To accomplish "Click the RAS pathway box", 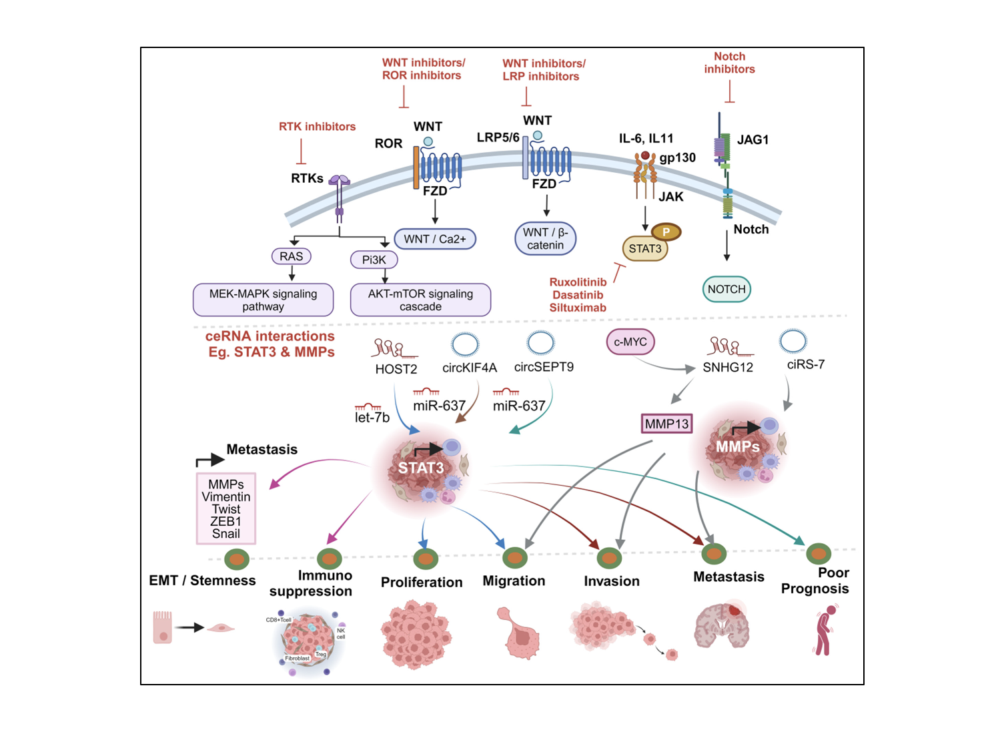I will [x=291, y=256].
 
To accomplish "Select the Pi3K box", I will [x=374, y=260].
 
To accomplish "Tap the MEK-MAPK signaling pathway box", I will [x=263, y=300].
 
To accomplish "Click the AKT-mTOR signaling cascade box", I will [x=420, y=300].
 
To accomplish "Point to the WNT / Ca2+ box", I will [x=435, y=239].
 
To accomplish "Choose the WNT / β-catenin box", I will [x=545, y=239].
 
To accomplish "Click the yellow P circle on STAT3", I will [x=666, y=232].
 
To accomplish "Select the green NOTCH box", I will [x=726, y=289].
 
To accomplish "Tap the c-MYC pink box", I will [x=630, y=342].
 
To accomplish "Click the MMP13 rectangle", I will [x=666, y=424].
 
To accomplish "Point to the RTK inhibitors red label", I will [x=317, y=127].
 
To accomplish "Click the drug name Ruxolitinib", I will [x=578, y=282].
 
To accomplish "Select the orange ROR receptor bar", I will [x=416, y=167].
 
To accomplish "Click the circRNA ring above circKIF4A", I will [x=465, y=344].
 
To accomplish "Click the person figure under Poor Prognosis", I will [x=826, y=630].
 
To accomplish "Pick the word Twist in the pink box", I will [x=226, y=509].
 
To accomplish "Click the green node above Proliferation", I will [x=426, y=559].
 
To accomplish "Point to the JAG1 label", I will [x=753, y=139].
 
